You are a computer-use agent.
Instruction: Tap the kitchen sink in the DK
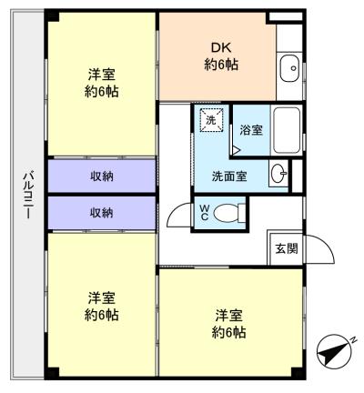[290, 65]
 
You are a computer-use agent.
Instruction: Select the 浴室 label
[251, 130]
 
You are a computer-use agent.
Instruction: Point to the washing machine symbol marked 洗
[210, 121]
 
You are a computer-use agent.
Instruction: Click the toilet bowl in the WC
[231, 214]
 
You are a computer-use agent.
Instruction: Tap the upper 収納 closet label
[101, 176]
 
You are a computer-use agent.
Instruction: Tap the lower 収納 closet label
[101, 213]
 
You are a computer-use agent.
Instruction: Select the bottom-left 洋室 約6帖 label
[102, 306]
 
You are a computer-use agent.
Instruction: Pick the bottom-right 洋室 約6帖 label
[229, 324]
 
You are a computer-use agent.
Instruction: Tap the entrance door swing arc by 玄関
[315, 248]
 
